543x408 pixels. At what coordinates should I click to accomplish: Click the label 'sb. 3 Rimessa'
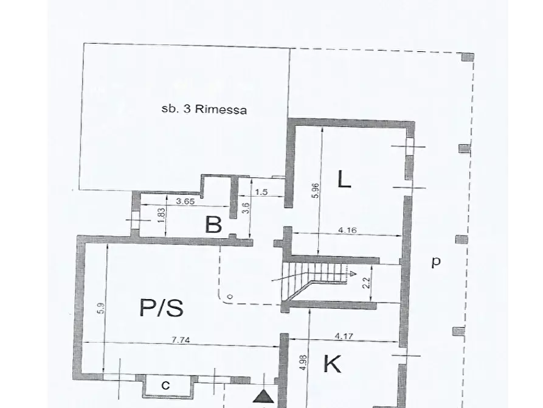pyautogui.click(x=204, y=109)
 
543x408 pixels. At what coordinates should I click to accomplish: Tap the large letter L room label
pyautogui.click(x=344, y=179)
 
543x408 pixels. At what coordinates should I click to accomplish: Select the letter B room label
pyautogui.click(x=213, y=225)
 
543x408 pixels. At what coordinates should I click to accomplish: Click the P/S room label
pyautogui.click(x=161, y=308)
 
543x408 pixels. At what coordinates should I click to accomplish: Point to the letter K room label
pyautogui.click(x=332, y=364)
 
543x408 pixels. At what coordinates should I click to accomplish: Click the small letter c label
pyautogui.click(x=166, y=385)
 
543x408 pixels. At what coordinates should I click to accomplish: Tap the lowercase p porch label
pyautogui.click(x=436, y=262)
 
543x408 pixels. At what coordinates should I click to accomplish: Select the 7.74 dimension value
pyautogui.click(x=181, y=340)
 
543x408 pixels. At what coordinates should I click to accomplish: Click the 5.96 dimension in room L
pyautogui.click(x=316, y=191)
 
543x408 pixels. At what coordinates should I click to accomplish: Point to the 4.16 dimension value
pyautogui.click(x=347, y=230)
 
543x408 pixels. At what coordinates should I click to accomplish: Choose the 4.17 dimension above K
pyautogui.click(x=345, y=336)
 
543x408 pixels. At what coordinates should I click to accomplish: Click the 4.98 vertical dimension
pyautogui.click(x=303, y=362)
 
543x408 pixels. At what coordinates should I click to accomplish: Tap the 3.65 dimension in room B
pyautogui.click(x=185, y=201)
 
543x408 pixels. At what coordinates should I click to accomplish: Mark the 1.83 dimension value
pyautogui.click(x=161, y=215)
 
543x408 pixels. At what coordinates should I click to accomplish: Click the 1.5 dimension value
pyautogui.click(x=261, y=192)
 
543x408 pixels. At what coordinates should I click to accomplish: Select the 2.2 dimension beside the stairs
pyautogui.click(x=367, y=283)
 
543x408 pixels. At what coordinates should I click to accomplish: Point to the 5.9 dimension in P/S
pyautogui.click(x=100, y=308)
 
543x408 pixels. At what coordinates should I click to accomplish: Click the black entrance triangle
pyautogui.click(x=263, y=396)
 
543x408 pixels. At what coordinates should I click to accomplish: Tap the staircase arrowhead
pyautogui.click(x=353, y=274)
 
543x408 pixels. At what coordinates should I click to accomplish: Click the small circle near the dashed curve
pyautogui.click(x=230, y=297)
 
